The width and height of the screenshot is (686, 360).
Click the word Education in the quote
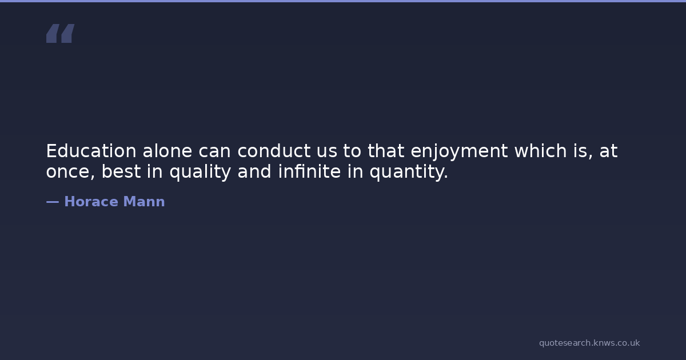[x=91, y=151]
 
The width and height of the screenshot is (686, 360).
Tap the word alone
[x=167, y=151]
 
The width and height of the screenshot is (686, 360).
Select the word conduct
[x=274, y=151]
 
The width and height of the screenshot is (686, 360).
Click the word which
[x=541, y=151]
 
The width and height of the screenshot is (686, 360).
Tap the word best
[x=121, y=171]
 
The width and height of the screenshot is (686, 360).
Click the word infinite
[x=309, y=171]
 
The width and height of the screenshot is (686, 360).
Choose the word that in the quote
[x=386, y=151]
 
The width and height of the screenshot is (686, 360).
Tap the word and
[x=254, y=171]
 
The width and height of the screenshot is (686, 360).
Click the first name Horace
[x=91, y=201]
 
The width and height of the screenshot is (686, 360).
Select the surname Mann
[x=144, y=201]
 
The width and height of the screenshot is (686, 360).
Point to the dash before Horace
[x=53, y=202]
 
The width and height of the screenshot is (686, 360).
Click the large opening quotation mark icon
[x=61, y=33]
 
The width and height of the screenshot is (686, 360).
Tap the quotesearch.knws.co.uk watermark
[x=589, y=343]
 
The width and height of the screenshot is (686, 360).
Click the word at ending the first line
[x=608, y=151]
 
